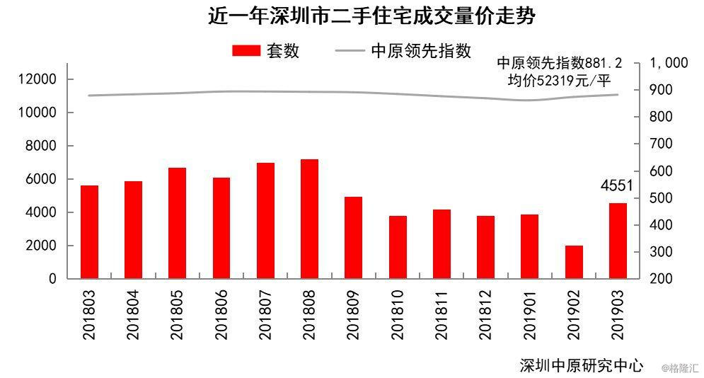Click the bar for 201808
(309, 219)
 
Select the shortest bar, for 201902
(574, 262)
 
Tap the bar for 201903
(618, 241)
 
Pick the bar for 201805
(177, 223)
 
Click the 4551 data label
(617, 186)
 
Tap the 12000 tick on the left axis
(37, 79)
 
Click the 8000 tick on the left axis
(40, 146)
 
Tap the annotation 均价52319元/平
(559, 81)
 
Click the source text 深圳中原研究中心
(581, 365)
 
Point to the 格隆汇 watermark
(680, 368)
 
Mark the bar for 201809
(353, 238)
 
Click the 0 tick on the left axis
(52, 279)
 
